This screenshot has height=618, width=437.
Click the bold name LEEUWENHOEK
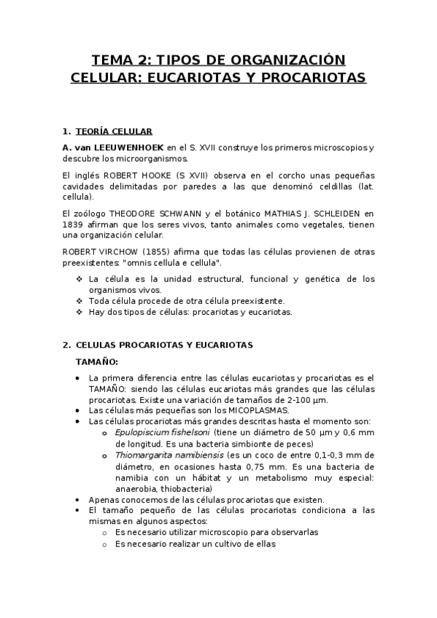[x=128, y=147]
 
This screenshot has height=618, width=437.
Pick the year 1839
[x=75, y=224]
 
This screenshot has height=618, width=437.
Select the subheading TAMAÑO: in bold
[x=97, y=361]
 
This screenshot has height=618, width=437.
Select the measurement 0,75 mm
[x=261, y=466]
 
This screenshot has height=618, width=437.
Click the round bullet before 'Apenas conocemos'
[x=78, y=499]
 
